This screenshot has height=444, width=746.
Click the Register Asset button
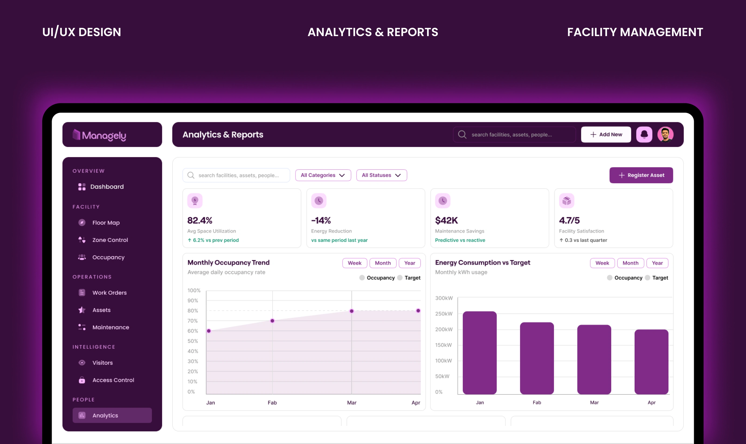coord(641,175)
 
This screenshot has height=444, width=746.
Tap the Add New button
coord(606,134)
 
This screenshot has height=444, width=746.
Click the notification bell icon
coord(644,134)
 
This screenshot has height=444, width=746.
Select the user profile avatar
coord(665,134)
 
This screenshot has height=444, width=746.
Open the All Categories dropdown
coord(323,175)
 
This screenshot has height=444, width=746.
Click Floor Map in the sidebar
coord(106,223)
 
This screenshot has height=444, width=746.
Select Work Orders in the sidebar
coord(109,293)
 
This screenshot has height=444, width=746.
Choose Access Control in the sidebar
coord(113,380)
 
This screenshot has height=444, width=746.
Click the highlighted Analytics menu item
coord(112,415)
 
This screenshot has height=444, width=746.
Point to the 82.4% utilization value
coord(200,220)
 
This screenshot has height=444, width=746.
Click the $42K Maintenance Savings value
coord(446,220)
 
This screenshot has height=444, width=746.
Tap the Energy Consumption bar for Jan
coord(480,353)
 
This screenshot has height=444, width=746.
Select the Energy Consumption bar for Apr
coord(651,362)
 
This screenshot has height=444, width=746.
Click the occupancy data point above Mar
coord(352,311)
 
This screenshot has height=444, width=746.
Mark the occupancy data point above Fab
coord(272,321)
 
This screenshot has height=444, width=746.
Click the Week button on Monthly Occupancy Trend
coord(355,263)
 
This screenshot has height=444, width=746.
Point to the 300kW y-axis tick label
coord(444,298)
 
